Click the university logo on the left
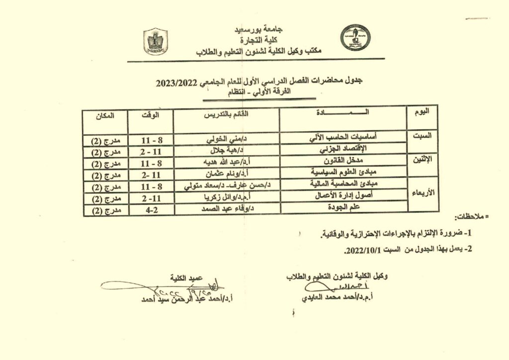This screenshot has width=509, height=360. (x=156, y=41)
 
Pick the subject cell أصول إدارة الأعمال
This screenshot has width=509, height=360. (x=344, y=196)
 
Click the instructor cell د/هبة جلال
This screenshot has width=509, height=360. (x=227, y=150)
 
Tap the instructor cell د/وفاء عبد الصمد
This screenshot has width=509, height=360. (x=227, y=210)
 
